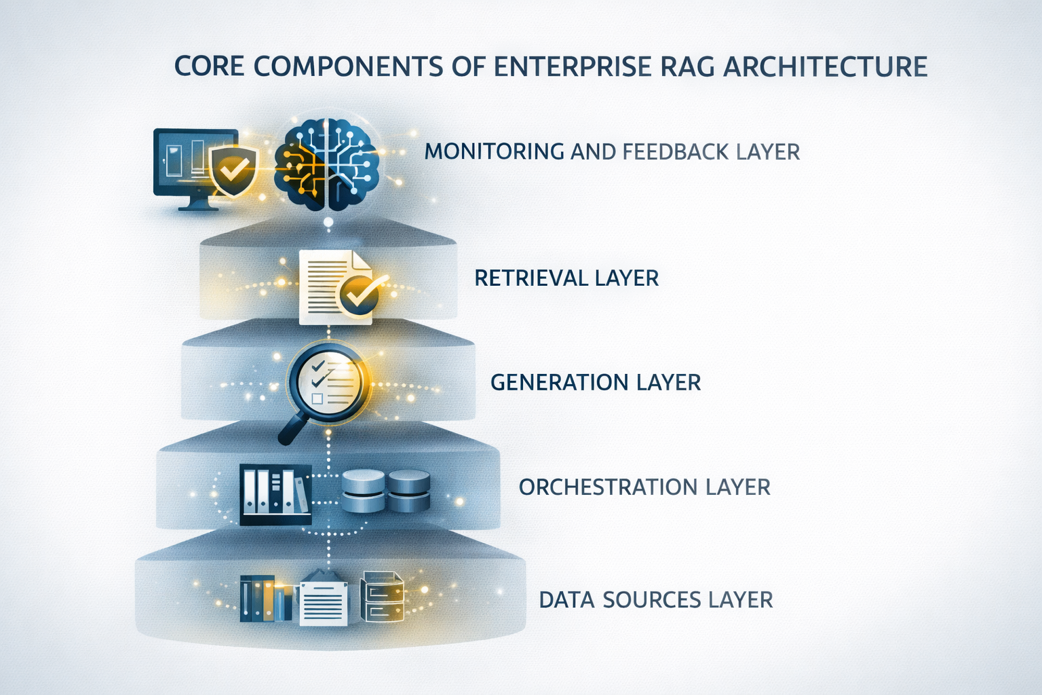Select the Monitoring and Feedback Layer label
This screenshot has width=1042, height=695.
[x=612, y=152]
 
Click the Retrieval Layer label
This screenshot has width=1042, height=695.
[x=566, y=278]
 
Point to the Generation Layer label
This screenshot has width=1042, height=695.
[x=596, y=382]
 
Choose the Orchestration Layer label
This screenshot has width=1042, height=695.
[x=644, y=487]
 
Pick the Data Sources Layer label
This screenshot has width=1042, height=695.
[x=656, y=599]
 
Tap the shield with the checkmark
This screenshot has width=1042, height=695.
[x=233, y=170]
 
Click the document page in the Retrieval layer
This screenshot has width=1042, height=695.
[x=336, y=287]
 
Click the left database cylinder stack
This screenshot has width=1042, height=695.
[x=364, y=491]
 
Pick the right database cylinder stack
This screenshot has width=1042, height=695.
[x=409, y=491]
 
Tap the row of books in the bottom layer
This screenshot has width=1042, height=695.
[x=266, y=599]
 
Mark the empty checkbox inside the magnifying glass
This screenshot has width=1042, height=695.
[x=317, y=398]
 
